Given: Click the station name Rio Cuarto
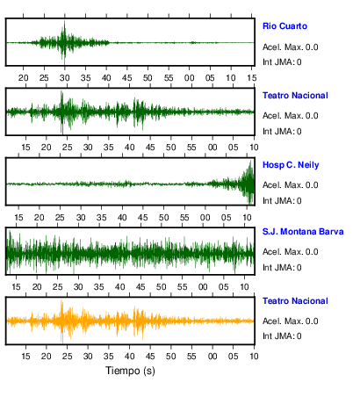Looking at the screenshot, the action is [x=284, y=26].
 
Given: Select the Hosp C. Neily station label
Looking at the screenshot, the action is [x=291, y=165].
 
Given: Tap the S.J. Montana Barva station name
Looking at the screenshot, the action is [x=303, y=232].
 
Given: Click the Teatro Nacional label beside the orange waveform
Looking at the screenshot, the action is [x=295, y=301].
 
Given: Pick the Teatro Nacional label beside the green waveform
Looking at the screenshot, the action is [x=295, y=96].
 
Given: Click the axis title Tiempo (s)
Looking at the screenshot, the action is [x=130, y=371].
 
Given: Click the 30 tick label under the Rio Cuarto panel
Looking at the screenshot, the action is [x=65, y=78].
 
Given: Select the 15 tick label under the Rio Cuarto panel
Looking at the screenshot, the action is [x=252, y=78].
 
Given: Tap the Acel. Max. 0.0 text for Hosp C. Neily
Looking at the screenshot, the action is [x=291, y=185].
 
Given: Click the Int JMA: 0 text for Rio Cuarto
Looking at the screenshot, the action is [x=282, y=62].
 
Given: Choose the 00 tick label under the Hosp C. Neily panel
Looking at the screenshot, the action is [x=205, y=218].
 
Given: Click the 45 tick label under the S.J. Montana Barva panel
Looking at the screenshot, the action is [x=140, y=287].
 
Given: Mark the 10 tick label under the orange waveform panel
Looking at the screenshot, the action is [x=254, y=357].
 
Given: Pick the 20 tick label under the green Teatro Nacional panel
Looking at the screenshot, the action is [x=47, y=148].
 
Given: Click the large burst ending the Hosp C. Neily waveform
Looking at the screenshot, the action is [x=248, y=183].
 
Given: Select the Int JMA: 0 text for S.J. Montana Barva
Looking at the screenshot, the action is [x=282, y=268].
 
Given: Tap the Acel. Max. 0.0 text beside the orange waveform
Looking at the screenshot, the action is [x=291, y=321].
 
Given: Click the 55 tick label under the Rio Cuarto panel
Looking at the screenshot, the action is [x=169, y=78].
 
